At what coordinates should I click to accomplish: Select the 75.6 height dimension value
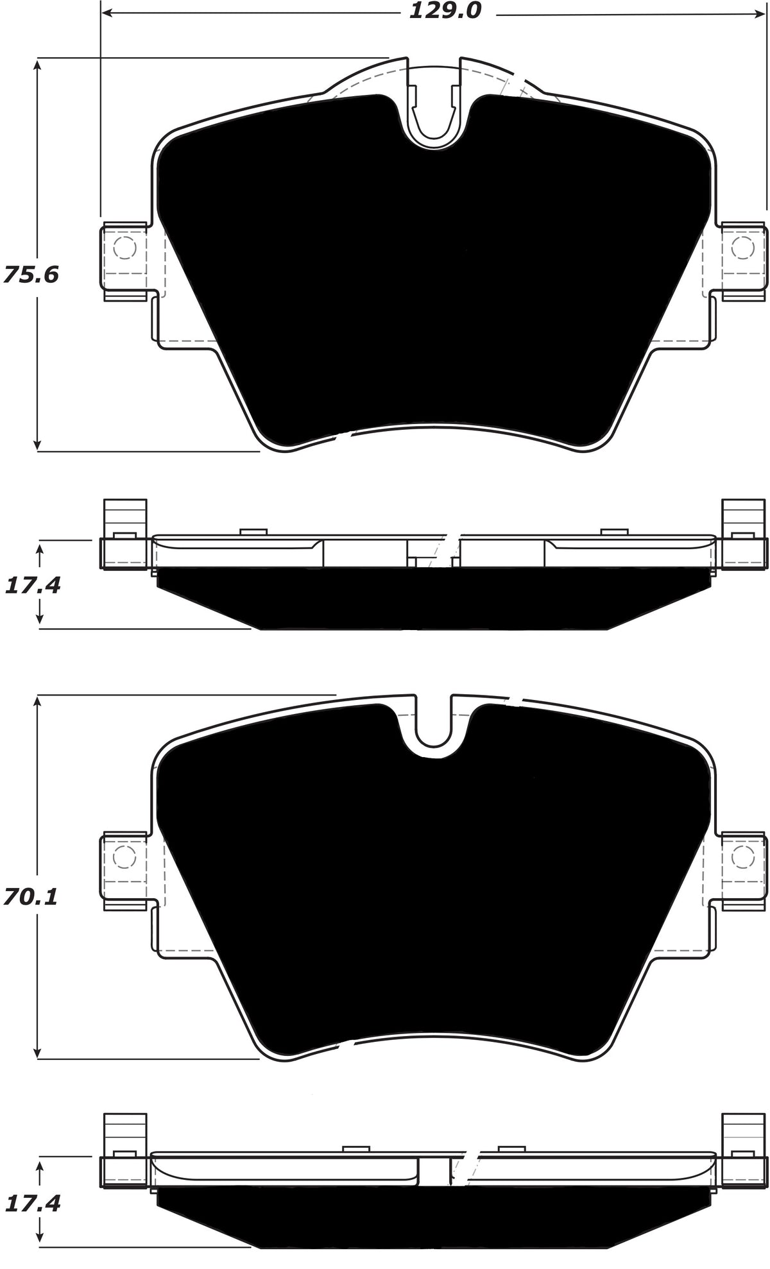point(30,275)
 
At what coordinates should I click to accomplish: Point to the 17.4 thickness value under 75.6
point(32,584)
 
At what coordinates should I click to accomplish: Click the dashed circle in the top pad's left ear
point(124,247)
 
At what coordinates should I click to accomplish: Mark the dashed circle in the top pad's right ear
point(743,247)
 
